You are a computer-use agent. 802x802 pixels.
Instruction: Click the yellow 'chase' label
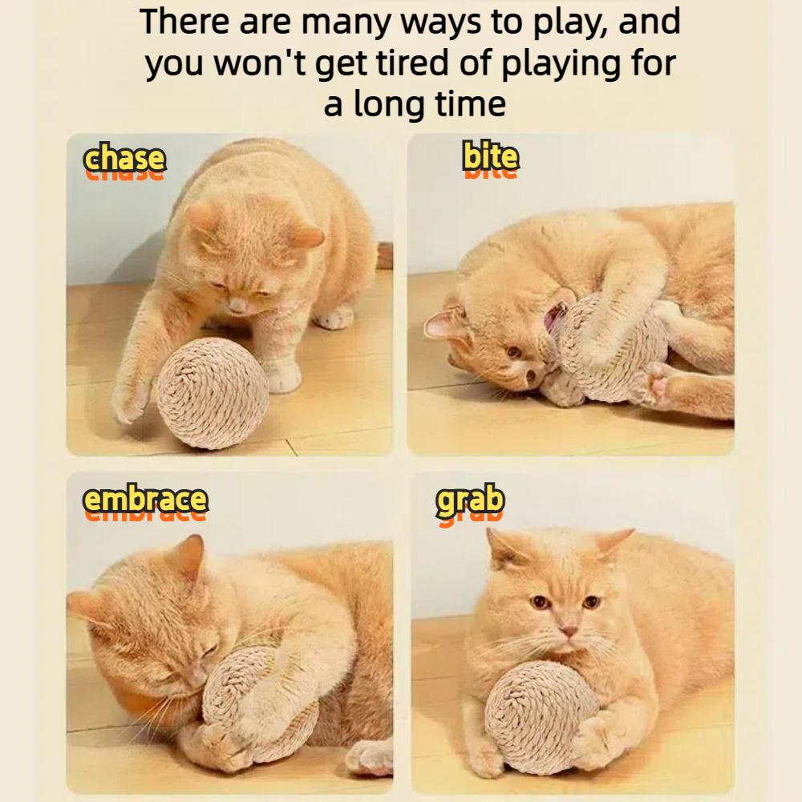[124, 158]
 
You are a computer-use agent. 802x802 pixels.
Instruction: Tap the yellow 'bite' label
[491, 156]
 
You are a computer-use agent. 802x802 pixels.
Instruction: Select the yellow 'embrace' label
[146, 499]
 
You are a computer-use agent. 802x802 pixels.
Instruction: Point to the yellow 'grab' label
[470, 500]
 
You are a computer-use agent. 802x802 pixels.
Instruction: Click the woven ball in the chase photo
[213, 393]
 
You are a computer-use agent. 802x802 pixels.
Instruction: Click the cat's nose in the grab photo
[567, 630]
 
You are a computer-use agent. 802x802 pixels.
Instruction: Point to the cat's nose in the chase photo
[237, 306]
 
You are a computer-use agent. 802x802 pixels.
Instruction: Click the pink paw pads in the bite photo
[658, 382]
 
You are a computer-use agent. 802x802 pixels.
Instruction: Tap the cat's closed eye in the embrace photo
[209, 650]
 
